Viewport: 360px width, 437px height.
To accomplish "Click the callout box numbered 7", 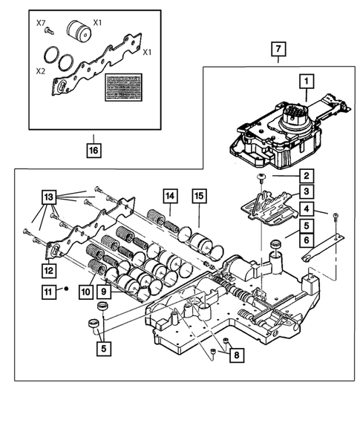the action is [x=278, y=49].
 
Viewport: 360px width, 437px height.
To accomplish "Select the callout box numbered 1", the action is [x=307, y=82].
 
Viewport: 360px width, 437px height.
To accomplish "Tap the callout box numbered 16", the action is [x=94, y=150].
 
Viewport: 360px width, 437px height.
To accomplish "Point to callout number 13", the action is [x=49, y=197].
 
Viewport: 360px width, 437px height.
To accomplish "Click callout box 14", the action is [x=170, y=196].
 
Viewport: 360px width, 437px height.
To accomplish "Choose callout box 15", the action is [x=199, y=196].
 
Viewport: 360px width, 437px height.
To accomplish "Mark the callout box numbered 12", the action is [x=49, y=270].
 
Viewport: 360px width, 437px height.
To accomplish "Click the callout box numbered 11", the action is [x=49, y=292].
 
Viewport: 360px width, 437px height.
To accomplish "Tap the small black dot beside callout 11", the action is [x=66, y=289].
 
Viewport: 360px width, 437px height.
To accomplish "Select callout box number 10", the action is [x=86, y=292].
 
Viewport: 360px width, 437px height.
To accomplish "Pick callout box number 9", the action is [x=104, y=292].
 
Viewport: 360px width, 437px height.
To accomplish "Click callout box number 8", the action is [x=237, y=355].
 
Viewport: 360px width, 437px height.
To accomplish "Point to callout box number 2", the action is [x=307, y=176].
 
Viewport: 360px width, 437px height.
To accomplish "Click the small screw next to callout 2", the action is [x=261, y=177].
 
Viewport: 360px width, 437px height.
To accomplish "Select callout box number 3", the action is [x=307, y=191].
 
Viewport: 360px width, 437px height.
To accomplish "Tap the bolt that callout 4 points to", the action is [x=336, y=217].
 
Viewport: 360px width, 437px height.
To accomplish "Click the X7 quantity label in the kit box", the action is [x=41, y=23].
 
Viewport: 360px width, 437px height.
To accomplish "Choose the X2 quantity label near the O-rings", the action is [x=41, y=71].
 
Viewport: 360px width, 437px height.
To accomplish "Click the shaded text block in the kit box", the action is [x=123, y=88].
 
